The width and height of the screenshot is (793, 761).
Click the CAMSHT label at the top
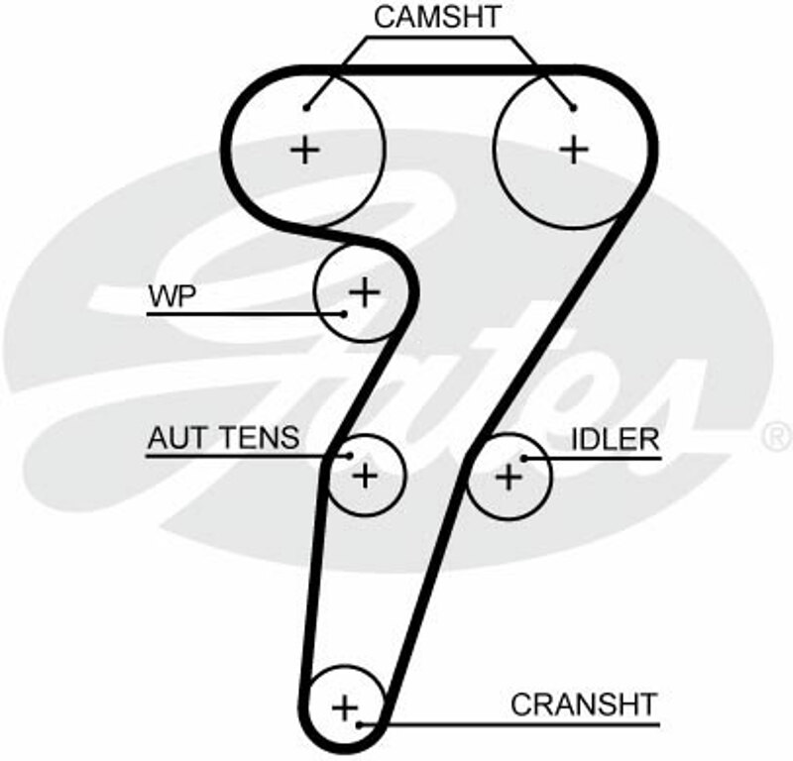pos(438,17)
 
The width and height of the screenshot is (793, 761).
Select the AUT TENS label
pos(223,437)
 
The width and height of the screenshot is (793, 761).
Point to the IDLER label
pos(615,437)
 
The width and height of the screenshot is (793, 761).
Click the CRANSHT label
pos(583,705)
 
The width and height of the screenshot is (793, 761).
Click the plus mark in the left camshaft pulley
pos(306,150)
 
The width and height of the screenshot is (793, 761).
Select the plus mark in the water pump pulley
pos(365,291)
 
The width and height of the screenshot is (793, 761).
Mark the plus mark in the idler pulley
pos(508,477)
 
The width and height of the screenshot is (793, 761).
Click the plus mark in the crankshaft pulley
pos(344,707)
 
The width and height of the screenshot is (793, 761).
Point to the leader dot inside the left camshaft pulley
pos(308,106)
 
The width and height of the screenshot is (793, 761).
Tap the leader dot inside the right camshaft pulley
pos(572,106)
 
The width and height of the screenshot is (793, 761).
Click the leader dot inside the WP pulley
pos(344,314)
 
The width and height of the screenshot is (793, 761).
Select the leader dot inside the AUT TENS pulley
pos(350,457)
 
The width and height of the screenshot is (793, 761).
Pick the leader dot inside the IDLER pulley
pos(524,457)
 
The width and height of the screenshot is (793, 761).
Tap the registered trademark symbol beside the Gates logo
pos(776,435)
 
